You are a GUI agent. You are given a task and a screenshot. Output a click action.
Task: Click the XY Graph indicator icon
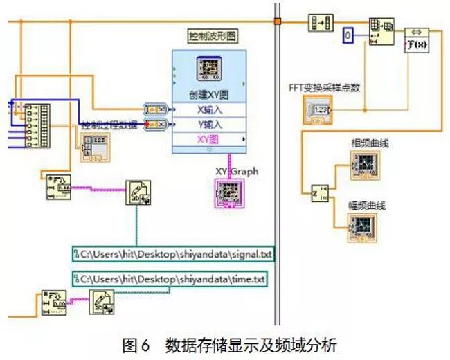[230, 191]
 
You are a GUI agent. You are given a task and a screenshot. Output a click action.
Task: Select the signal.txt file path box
[174, 254]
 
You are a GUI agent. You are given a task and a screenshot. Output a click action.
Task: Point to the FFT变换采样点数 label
[324, 88]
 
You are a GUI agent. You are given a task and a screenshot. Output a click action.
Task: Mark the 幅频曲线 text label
[367, 206]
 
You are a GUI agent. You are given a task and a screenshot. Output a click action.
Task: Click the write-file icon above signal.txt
[138, 192]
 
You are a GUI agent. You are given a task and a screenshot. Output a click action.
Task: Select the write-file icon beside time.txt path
[101, 303]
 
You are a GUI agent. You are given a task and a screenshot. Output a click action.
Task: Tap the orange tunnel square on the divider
[277, 21]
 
